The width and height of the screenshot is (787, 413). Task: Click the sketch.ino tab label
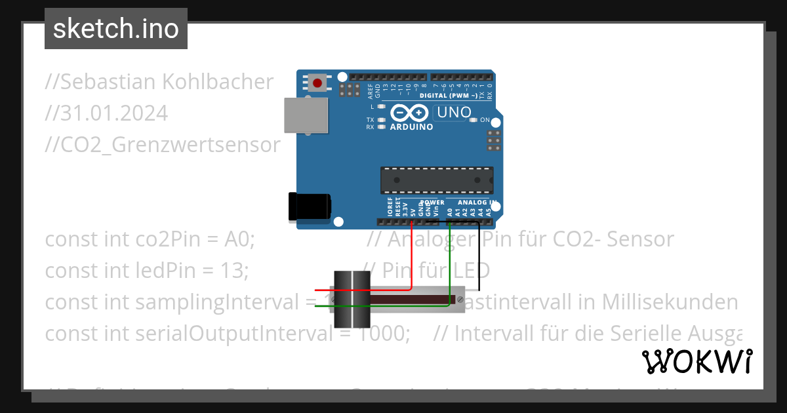point(116,29)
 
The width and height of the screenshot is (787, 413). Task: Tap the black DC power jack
point(310,205)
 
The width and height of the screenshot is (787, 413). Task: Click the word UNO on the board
point(454,112)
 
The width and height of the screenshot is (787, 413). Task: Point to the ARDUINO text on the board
point(411,127)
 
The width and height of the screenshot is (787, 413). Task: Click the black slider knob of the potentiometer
point(352,299)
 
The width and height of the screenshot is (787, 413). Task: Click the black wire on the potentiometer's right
point(479,262)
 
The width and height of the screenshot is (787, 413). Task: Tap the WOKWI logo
point(696,361)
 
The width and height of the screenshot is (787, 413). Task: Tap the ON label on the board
point(485,120)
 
